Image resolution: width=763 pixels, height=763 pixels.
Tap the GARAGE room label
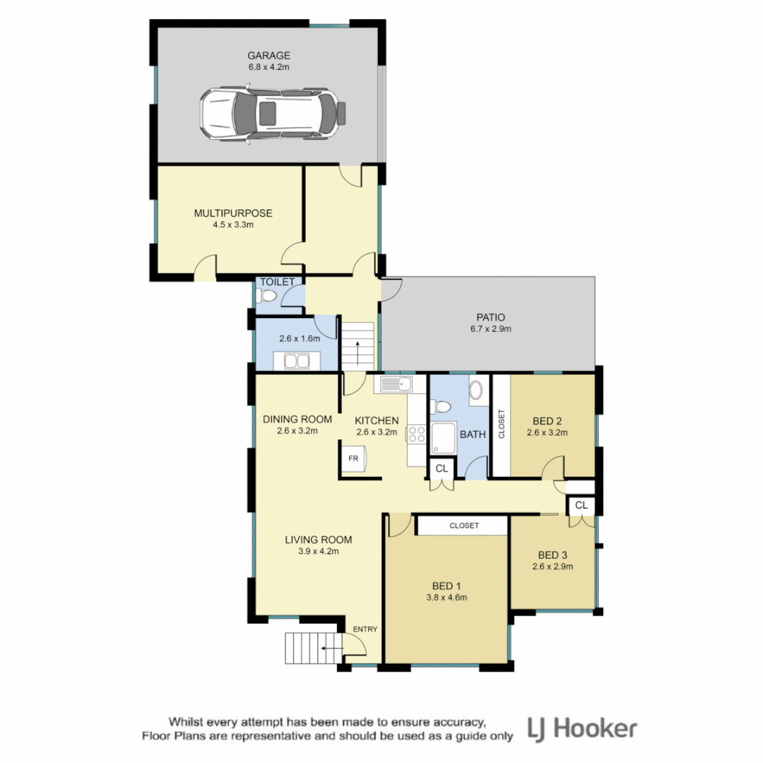click(268, 55)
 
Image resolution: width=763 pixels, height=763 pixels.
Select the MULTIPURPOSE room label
click(233, 213)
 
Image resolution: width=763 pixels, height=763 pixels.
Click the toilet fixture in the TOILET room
click(268, 297)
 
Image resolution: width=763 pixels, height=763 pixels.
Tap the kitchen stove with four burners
click(416, 434)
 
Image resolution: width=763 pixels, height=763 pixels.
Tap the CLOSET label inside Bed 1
click(463, 526)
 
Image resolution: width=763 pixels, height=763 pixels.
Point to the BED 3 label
click(552, 554)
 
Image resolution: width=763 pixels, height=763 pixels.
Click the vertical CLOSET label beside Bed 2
click(502, 425)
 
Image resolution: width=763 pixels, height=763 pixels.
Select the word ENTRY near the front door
click(366, 629)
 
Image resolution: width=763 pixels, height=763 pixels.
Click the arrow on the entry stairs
click(329, 646)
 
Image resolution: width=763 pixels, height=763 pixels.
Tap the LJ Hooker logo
click(583, 729)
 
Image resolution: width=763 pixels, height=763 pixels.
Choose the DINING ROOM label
click(297, 419)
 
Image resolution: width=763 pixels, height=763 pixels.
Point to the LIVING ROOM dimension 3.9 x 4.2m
click(318, 552)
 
